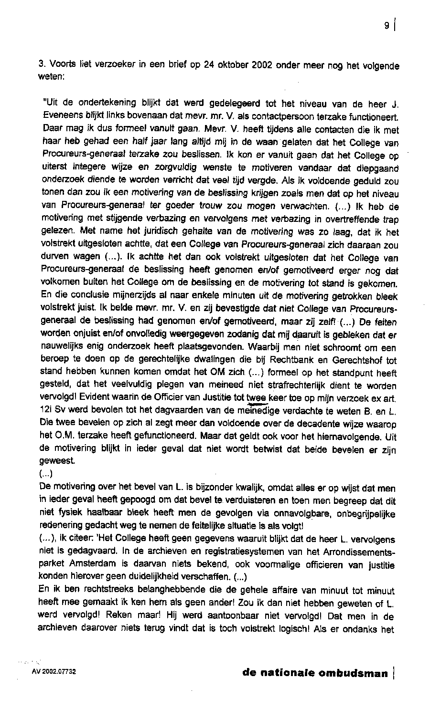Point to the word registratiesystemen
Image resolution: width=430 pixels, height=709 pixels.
[262, 553]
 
